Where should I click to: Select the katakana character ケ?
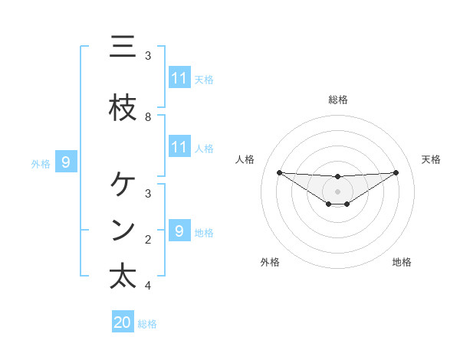click(x=123, y=184)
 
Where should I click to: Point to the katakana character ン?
click(x=123, y=230)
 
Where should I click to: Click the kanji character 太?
click(x=123, y=277)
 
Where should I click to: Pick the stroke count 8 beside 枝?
click(x=148, y=117)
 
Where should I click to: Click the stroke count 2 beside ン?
click(x=148, y=240)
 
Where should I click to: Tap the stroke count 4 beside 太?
click(x=148, y=286)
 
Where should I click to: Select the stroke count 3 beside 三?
click(x=148, y=56)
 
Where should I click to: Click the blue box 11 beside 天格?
click(x=179, y=77)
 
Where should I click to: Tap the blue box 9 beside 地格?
click(x=179, y=231)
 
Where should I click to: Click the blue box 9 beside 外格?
click(x=66, y=162)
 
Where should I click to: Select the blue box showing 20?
click(x=123, y=322)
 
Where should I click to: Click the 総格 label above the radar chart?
click(x=337, y=100)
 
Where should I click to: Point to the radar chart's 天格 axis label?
click(x=431, y=159)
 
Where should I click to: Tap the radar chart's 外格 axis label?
click(x=269, y=262)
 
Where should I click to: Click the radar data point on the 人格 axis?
click(x=279, y=172)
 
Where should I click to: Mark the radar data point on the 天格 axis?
click(x=396, y=172)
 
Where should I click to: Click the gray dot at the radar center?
click(x=337, y=191)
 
